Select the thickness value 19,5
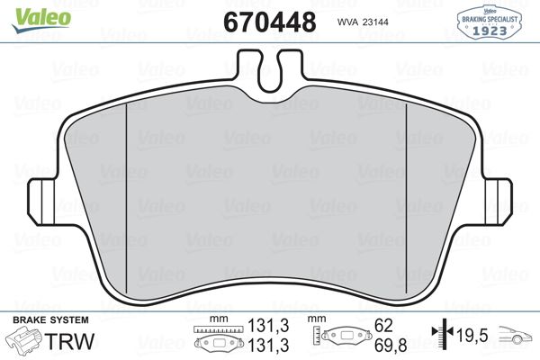click(473, 336)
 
